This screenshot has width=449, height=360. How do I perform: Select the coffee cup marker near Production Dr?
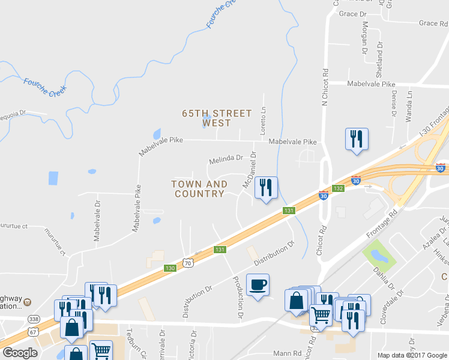click(258, 285)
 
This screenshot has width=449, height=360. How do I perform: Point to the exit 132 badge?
click(338, 188)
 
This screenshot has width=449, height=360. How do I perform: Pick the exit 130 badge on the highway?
click(170, 268)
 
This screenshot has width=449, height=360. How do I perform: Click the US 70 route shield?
click(188, 263)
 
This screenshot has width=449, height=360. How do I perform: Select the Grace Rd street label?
click(433, 23)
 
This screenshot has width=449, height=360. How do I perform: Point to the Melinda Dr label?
click(225, 160)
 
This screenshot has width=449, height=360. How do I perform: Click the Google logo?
click(20, 353)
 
